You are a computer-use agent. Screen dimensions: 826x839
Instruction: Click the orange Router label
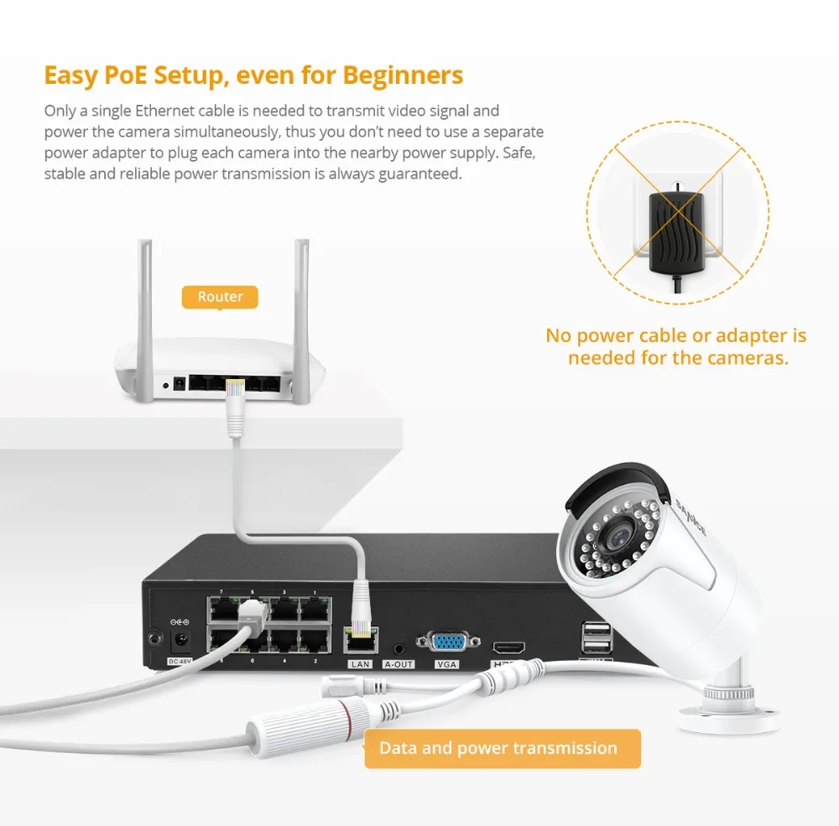(220, 297)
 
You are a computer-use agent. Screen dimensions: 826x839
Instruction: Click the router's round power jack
(178, 385)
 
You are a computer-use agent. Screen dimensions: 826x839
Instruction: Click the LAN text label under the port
(360, 664)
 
